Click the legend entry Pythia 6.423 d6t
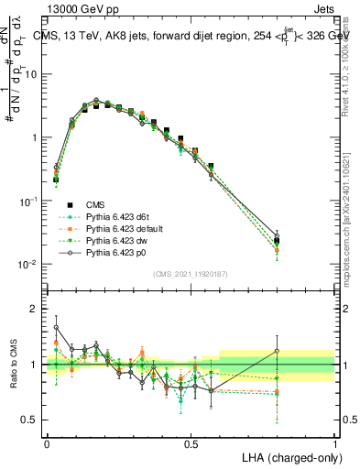(x=113, y=215)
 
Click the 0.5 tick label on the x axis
(x=191, y=442)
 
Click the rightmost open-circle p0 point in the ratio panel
(x=277, y=351)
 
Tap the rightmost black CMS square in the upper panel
(x=277, y=241)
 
